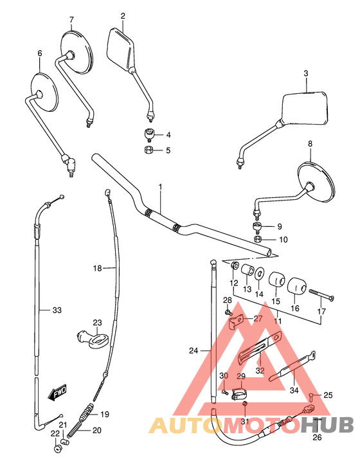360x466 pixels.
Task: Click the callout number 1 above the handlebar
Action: click(161, 186)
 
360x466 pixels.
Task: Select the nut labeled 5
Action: click(148, 150)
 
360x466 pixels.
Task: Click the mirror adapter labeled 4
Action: click(149, 134)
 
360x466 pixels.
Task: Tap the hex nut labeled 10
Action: click(258, 239)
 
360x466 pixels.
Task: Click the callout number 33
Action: click(57, 310)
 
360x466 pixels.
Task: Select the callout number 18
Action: click(97, 268)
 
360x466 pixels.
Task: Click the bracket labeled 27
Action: click(239, 318)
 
